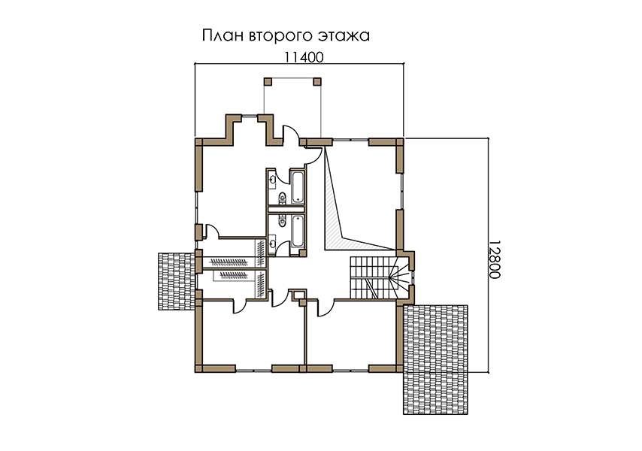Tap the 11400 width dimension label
(x=304, y=57)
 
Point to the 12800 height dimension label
(x=495, y=259)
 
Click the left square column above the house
(x=268, y=81)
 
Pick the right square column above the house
(x=317, y=81)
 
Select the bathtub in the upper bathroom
(x=297, y=187)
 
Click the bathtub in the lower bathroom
(x=297, y=232)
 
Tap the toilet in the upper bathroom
(x=282, y=198)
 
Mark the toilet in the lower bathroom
(x=282, y=221)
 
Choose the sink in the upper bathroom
(x=272, y=180)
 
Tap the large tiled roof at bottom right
(x=436, y=359)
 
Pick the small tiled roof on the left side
(x=177, y=281)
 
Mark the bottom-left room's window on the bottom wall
(x=253, y=370)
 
